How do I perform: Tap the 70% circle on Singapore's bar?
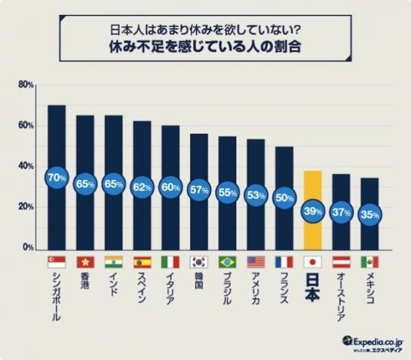click(57, 178)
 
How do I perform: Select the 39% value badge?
click(312, 211)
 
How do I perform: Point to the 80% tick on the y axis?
click(26, 85)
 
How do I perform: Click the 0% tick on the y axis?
click(27, 248)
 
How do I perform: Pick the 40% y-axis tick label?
click(26, 167)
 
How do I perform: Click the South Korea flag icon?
click(199, 262)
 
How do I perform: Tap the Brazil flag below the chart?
click(227, 262)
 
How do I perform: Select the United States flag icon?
click(256, 262)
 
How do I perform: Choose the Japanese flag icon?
click(312, 262)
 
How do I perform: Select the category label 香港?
click(86, 283)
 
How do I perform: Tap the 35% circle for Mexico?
click(370, 215)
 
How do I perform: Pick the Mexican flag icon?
click(370, 262)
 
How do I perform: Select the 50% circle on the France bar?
click(284, 197)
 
